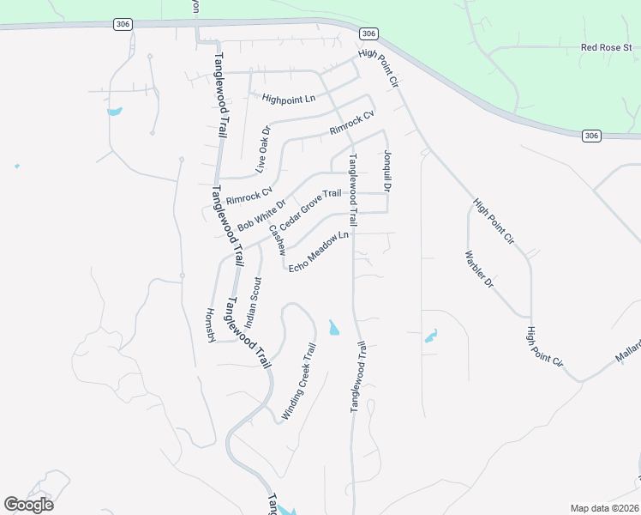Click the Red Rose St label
[x=605, y=48]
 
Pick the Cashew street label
[x=276, y=239]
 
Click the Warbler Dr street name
[x=479, y=269]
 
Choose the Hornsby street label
[x=210, y=325]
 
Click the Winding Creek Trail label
[x=298, y=381]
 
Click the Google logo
[x=28, y=505]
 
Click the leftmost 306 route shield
[x=122, y=25]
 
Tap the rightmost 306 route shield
[x=590, y=136]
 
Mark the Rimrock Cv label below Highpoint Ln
[x=352, y=124]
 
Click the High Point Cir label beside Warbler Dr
[x=493, y=222]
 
